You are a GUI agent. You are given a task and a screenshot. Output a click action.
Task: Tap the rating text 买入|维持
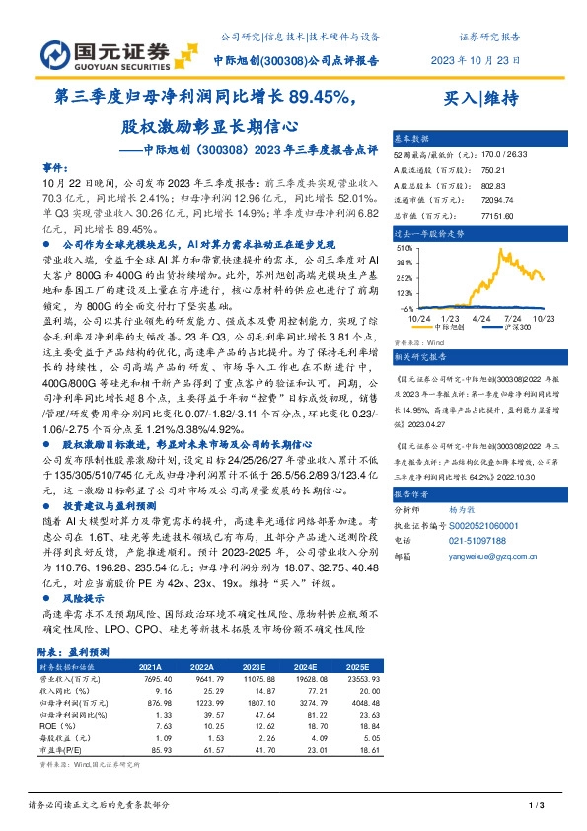pos(480,98)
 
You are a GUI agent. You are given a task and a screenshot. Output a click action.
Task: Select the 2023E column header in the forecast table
pos(256,665)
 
